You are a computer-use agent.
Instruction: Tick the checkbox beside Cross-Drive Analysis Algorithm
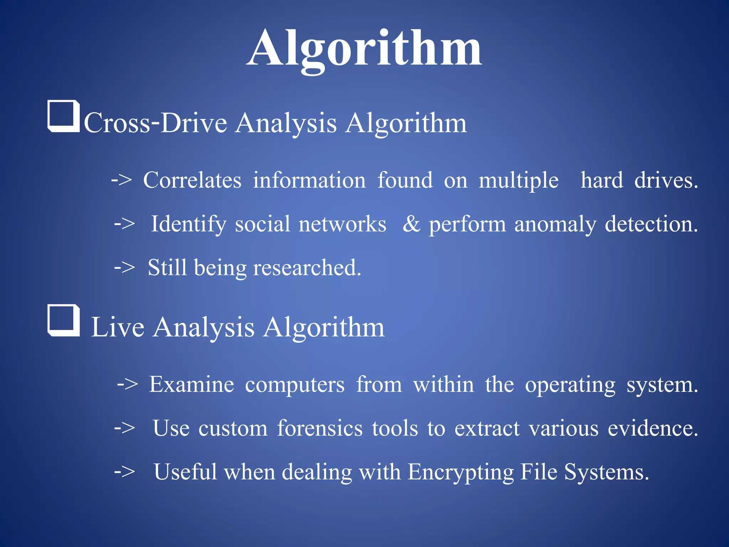click(63, 116)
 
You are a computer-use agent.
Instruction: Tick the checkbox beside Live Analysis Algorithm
click(63, 320)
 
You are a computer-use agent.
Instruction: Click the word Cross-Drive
click(155, 123)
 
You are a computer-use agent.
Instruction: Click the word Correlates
click(192, 180)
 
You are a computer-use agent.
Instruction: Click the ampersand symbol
click(411, 224)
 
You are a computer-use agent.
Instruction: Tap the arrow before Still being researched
click(124, 267)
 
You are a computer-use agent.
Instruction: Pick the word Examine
click(192, 385)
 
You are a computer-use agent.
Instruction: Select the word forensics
click(320, 428)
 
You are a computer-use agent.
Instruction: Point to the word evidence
click(652, 428)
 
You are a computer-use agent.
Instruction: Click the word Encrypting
click(461, 473)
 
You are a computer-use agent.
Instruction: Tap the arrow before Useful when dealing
click(124, 472)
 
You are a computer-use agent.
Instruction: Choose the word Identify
click(189, 224)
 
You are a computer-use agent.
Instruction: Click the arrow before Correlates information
click(121, 179)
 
